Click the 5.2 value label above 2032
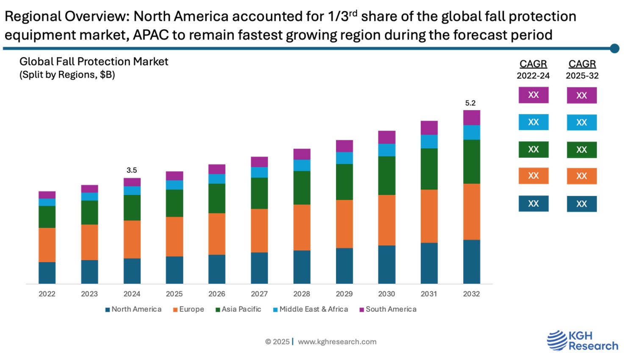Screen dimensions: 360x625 pyautogui.click(x=470, y=103)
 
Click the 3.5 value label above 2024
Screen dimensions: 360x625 pyautogui.click(x=132, y=170)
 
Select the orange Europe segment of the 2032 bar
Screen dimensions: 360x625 pyautogui.click(x=471, y=212)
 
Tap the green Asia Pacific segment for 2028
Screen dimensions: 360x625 pyautogui.click(x=302, y=187)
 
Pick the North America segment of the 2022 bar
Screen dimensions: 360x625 pyautogui.click(x=47, y=273)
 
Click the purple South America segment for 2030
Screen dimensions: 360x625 pyautogui.click(x=386, y=137)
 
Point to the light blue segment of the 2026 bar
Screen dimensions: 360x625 pyautogui.click(x=217, y=179)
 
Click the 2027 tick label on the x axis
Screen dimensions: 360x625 pyautogui.click(x=259, y=294)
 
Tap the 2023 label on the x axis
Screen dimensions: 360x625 pyautogui.click(x=89, y=294)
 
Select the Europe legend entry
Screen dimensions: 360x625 pyautogui.click(x=189, y=310)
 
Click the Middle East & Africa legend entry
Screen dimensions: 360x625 pyautogui.click(x=311, y=310)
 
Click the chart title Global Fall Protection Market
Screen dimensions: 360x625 pyautogui.click(x=94, y=62)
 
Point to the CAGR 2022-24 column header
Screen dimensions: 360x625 pyautogui.click(x=533, y=69)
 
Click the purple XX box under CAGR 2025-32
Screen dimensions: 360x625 pyautogui.click(x=581, y=95)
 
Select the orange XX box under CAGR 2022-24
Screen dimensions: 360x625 pyautogui.click(x=533, y=176)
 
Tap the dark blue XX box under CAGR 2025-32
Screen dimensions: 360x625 pyautogui.click(x=581, y=204)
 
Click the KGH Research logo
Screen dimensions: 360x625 pyautogui.click(x=582, y=340)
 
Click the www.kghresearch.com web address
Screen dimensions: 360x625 pyautogui.click(x=337, y=342)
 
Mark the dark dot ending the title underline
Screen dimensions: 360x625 pyautogui.click(x=614, y=49)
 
